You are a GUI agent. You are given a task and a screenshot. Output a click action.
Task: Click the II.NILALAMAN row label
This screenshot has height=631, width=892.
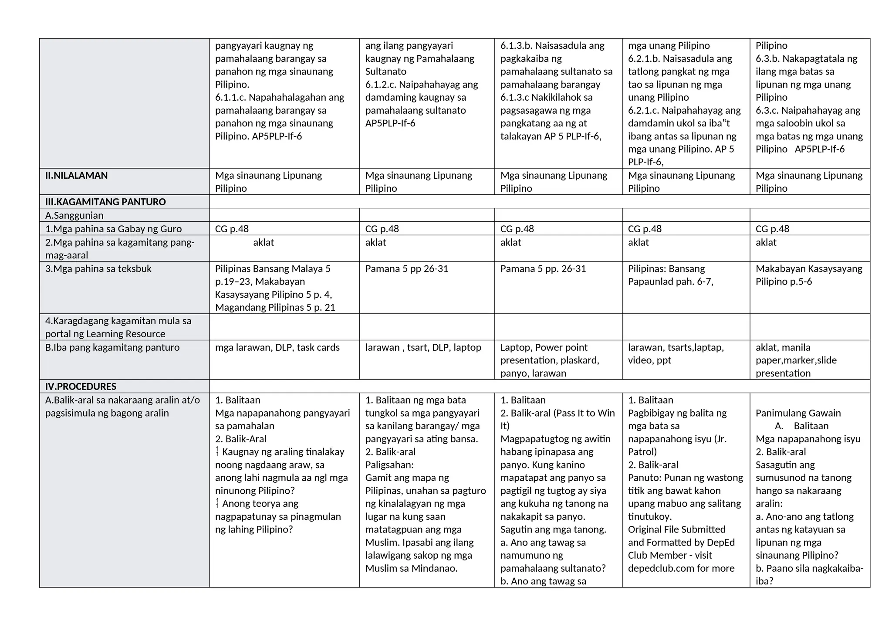[76, 176]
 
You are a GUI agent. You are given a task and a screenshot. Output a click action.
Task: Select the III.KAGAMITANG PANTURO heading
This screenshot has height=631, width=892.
[105, 202]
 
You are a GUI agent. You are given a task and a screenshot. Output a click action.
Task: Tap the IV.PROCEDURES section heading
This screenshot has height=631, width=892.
[81, 387]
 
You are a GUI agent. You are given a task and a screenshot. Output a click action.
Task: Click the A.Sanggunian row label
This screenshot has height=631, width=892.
[74, 215]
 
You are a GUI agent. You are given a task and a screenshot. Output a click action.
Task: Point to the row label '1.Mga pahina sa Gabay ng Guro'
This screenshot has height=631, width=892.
[113, 229]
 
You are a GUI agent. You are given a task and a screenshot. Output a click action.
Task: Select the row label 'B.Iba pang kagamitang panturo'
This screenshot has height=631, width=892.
[112, 348]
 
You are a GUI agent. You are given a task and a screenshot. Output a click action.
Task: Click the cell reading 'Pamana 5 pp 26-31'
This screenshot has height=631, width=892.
[406, 269]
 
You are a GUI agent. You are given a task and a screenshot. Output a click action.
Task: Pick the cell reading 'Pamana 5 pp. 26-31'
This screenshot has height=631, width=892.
[543, 269]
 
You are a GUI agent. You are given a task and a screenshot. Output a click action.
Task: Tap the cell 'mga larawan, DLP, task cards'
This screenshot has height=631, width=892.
[277, 348]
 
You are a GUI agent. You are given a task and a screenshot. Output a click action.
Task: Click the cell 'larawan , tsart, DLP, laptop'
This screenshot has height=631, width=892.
[423, 348]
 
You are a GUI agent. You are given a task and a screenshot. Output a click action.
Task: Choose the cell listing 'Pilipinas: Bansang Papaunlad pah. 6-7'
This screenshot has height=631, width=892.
[670, 275]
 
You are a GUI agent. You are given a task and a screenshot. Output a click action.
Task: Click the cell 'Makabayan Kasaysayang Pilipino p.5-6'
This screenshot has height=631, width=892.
[808, 275]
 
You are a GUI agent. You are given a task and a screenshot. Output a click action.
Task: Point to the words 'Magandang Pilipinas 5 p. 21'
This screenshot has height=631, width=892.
[275, 308]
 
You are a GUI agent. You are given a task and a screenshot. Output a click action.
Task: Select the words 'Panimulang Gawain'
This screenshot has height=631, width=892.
[798, 413]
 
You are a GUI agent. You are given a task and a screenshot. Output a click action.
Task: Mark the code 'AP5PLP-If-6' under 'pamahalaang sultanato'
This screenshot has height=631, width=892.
[390, 123]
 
